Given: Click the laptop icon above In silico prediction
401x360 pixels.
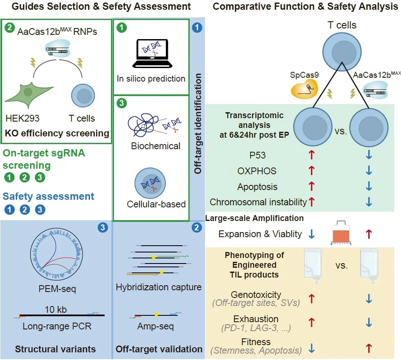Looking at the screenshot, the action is (x=152, y=53).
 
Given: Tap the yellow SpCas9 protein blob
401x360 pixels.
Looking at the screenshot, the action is (x=304, y=89).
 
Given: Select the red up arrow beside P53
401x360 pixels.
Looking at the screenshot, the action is (x=312, y=155).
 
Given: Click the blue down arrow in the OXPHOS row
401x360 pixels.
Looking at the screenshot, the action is (x=369, y=170).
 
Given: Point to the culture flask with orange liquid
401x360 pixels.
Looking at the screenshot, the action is (x=341, y=232).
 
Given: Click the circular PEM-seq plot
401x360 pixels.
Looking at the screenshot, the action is (x=57, y=255).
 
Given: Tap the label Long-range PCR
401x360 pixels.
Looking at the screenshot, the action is (x=57, y=326).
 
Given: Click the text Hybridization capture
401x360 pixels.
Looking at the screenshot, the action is (x=159, y=287).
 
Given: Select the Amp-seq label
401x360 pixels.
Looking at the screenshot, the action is (x=156, y=326).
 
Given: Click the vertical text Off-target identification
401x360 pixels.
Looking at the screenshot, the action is (x=198, y=124).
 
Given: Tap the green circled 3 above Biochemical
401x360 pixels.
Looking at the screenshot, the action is (x=122, y=103).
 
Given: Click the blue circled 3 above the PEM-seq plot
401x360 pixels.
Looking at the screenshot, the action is (x=103, y=227).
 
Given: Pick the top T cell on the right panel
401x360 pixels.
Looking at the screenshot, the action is (x=342, y=52).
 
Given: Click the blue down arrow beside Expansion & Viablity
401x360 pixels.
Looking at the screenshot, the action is (x=312, y=234).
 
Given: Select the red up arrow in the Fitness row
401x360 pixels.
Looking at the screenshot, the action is (x=369, y=348).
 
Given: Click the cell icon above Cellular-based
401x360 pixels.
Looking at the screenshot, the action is (x=150, y=183).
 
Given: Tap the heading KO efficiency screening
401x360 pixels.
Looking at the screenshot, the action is (x=57, y=133).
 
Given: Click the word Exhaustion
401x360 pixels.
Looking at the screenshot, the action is (x=256, y=319).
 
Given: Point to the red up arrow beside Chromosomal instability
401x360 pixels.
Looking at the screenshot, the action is (x=312, y=202).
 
